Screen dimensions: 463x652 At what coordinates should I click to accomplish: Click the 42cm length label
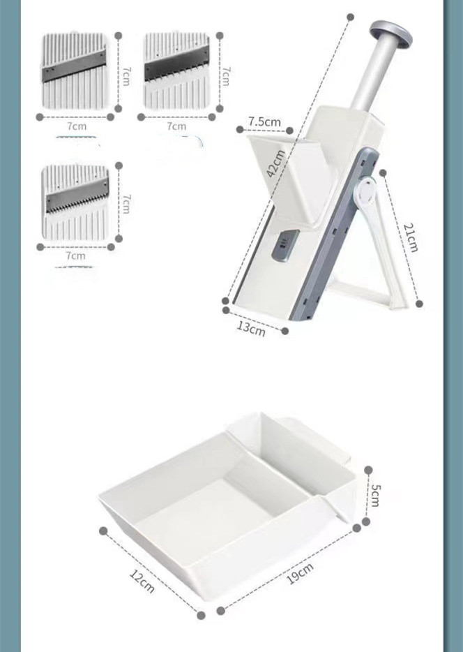(x=275, y=163)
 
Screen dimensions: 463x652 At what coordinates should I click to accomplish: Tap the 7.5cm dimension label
(x=264, y=121)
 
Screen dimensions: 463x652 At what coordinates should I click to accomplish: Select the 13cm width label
(x=251, y=329)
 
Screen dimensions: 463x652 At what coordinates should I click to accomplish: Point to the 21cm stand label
(x=410, y=237)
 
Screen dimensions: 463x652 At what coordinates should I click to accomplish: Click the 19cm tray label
(x=301, y=573)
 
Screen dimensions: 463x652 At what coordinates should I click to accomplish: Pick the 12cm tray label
(x=142, y=581)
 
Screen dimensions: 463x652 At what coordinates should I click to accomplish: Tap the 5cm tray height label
(x=374, y=495)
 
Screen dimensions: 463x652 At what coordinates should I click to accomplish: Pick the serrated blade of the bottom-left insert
(x=77, y=196)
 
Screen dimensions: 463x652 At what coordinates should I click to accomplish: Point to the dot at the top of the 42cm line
(x=351, y=17)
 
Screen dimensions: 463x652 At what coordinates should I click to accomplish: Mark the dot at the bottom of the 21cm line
(x=419, y=304)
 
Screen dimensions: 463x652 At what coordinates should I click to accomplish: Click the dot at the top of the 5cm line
(x=368, y=470)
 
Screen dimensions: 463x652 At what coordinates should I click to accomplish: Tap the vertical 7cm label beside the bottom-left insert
(x=126, y=203)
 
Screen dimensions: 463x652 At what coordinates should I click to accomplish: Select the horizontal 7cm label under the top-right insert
(x=176, y=126)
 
